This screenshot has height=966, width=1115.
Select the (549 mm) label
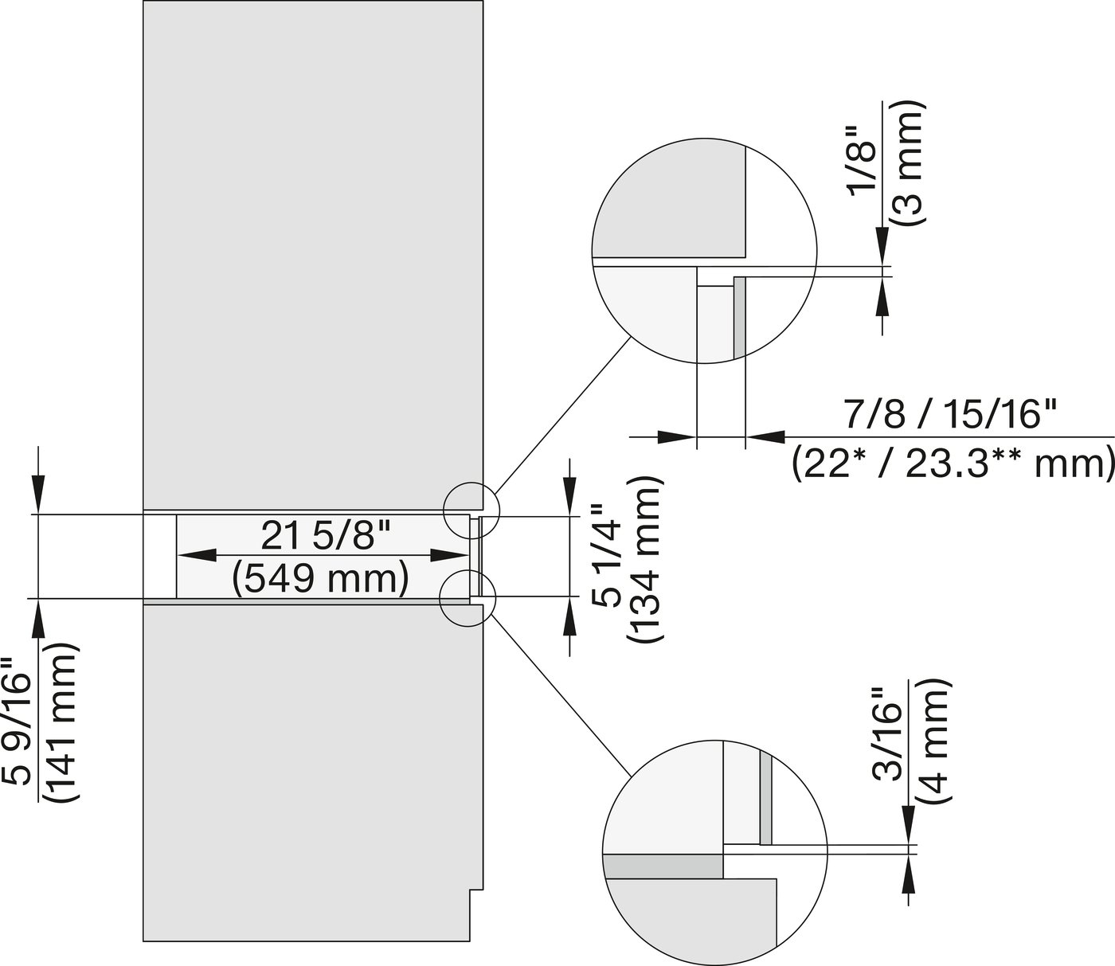pyautogui.click(x=321, y=578)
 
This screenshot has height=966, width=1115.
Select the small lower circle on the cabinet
pyautogui.click(x=467, y=597)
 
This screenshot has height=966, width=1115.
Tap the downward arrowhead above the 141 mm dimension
pyautogui.click(x=38, y=497)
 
